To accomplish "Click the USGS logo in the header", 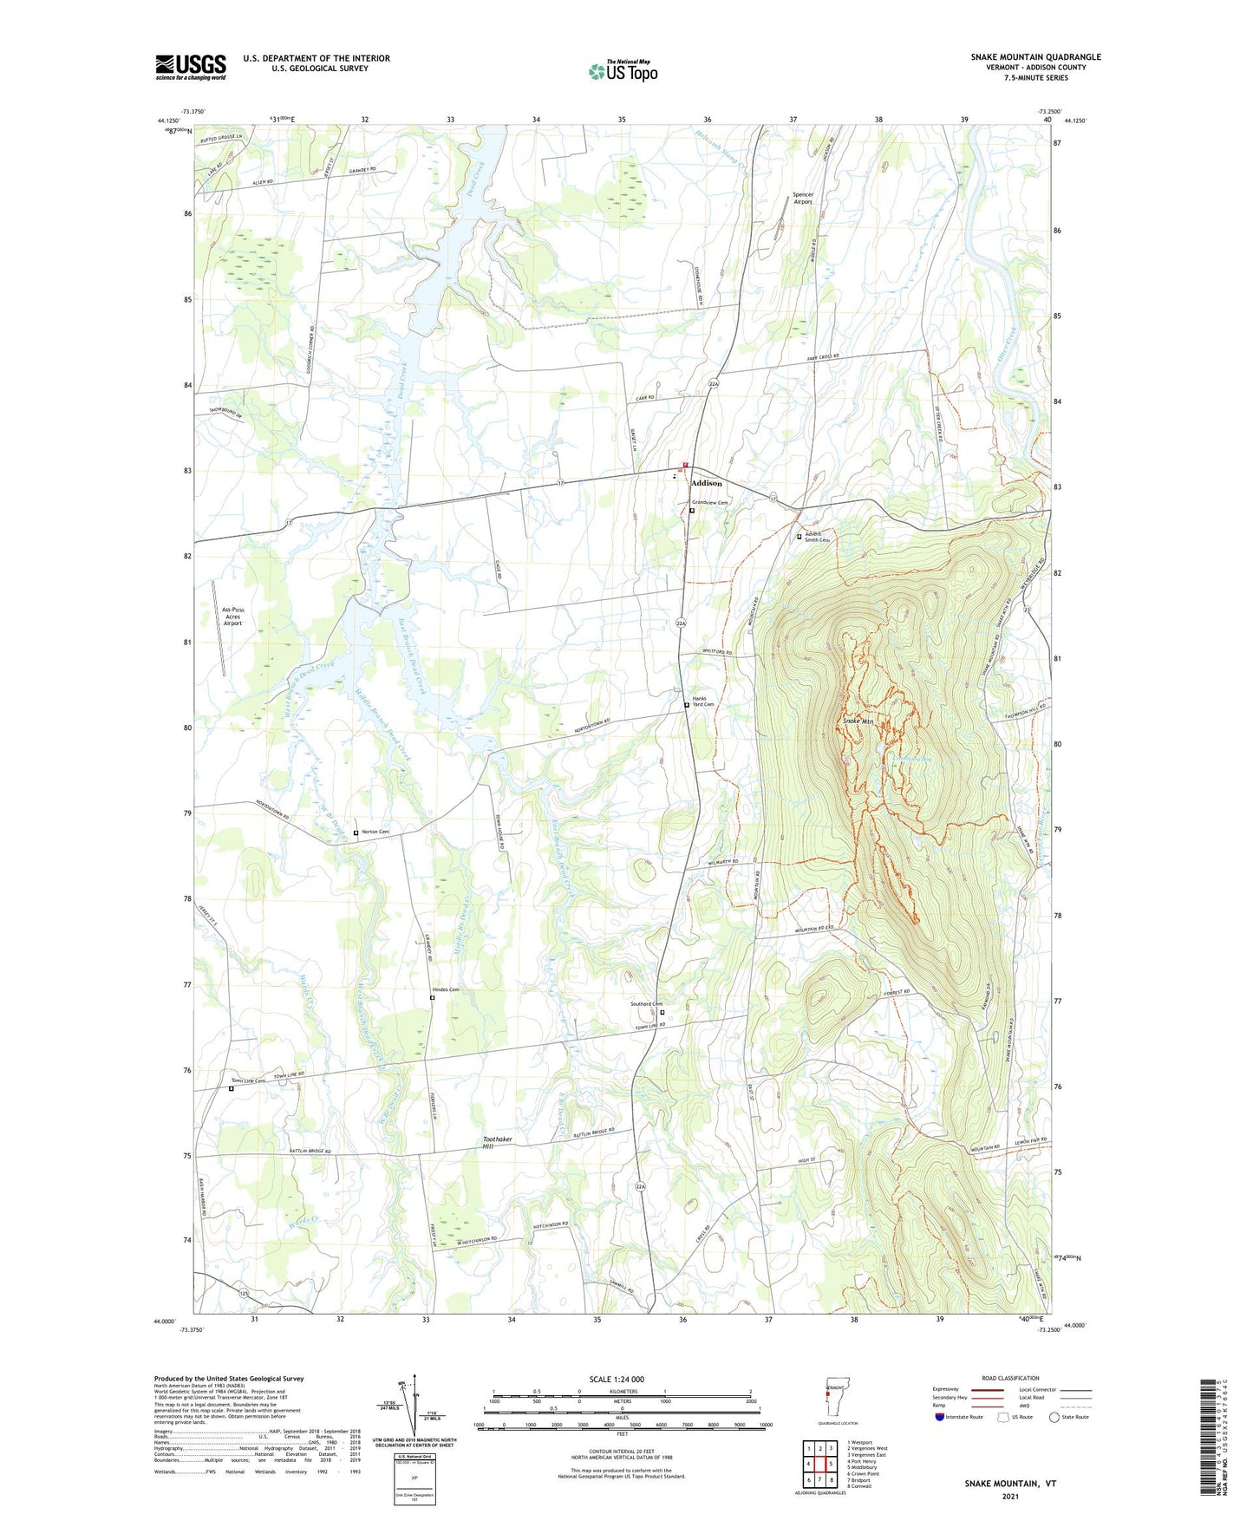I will pyautogui.click(x=191, y=67).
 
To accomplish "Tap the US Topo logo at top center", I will pyautogui.click(x=622, y=70).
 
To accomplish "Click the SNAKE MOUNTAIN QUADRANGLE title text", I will pyautogui.click(x=1035, y=57).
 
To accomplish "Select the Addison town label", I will pyautogui.click(x=707, y=483).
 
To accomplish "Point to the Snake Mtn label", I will pyautogui.click(x=858, y=721).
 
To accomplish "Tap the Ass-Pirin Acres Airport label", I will pyautogui.click(x=232, y=617).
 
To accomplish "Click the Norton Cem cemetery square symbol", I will pyautogui.click(x=356, y=833).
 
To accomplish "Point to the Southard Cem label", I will pyautogui.click(x=646, y=1004).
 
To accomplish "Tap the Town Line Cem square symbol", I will pyautogui.click(x=232, y=1089).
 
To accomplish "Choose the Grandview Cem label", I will pyautogui.click(x=709, y=503).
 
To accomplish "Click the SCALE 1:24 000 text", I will pyautogui.click(x=617, y=1379).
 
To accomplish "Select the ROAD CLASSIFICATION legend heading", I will pyautogui.click(x=1009, y=1378).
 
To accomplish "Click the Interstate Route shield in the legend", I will pyautogui.click(x=939, y=1417).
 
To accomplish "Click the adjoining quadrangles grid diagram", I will pyautogui.click(x=819, y=1465).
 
